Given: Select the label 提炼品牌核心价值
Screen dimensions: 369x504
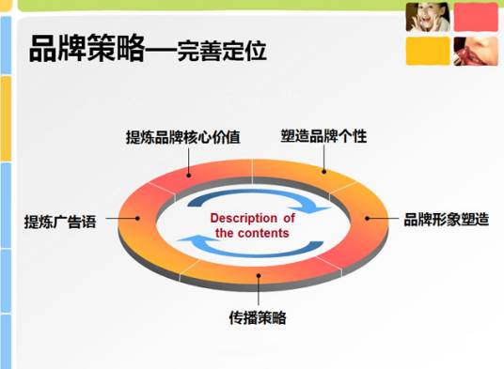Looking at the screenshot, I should click(x=183, y=137).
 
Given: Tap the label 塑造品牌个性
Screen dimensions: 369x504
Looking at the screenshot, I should click(x=323, y=136).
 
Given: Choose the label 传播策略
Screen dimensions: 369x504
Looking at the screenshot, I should click(x=258, y=316).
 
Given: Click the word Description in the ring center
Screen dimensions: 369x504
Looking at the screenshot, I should click(x=252, y=219).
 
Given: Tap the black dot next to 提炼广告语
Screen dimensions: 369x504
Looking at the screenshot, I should click(x=139, y=219).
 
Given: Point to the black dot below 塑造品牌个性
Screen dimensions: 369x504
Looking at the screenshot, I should click(x=324, y=171).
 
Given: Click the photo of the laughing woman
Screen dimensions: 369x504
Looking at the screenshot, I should click(x=426, y=17).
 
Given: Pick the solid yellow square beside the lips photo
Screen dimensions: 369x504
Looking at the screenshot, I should click(x=426, y=52).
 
